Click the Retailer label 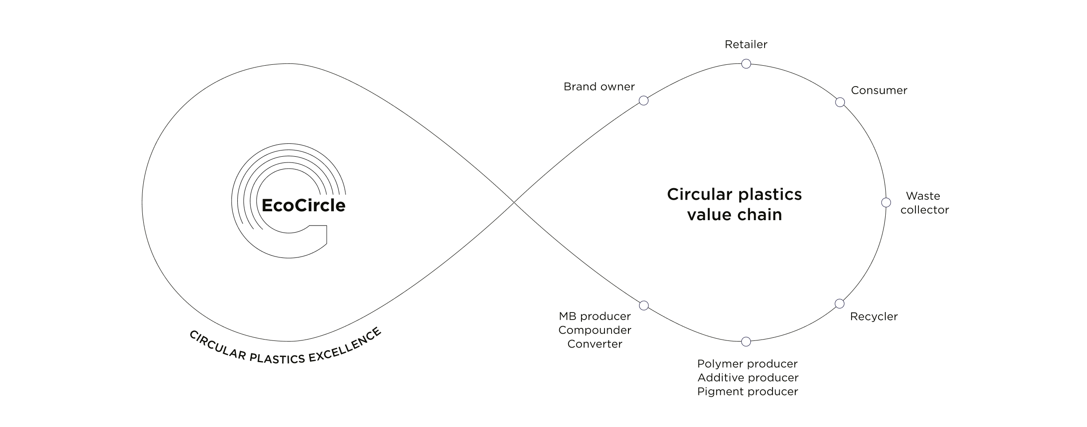[x=746, y=44]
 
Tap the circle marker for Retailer [x=746, y=64]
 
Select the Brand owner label [x=599, y=87]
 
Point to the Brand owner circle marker [x=644, y=101]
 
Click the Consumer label [x=879, y=91]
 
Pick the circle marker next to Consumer [x=840, y=103]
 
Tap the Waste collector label [x=924, y=203]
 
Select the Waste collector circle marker [x=886, y=203]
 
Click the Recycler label [x=874, y=316]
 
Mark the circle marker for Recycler [x=840, y=304]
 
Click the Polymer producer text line [x=747, y=364]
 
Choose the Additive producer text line [x=748, y=378]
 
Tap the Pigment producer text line [x=747, y=391]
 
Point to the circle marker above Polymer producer [x=746, y=341]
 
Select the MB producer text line [x=595, y=316]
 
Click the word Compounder [x=595, y=330]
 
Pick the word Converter [x=595, y=344]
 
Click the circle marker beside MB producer [x=644, y=305]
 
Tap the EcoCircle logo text [x=303, y=206]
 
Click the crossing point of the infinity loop [x=514, y=202]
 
